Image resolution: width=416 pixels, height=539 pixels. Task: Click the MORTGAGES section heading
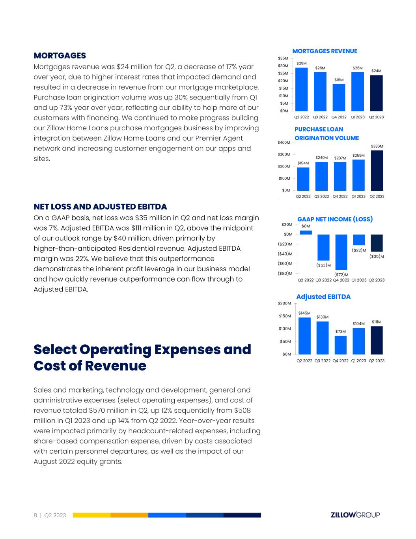(x=60, y=55)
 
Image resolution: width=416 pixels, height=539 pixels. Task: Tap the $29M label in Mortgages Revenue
(x=302, y=63)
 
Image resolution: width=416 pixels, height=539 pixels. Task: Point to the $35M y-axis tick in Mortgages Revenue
(x=283, y=58)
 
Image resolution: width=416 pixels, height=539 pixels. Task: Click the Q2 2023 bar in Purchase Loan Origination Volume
(x=377, y=170)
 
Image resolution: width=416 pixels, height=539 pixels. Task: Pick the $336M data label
(x=377, y=146)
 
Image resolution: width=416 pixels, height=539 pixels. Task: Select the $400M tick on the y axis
(x=284, y=142)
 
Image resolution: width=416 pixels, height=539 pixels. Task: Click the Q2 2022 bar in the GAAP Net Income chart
(x=306, y=233)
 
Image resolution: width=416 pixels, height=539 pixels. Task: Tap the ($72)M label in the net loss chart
(x=341, y=274)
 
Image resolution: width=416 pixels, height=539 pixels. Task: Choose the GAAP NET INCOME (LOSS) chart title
(x=335, y=219)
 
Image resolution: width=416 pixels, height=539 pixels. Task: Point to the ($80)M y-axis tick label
(x=285, y=273)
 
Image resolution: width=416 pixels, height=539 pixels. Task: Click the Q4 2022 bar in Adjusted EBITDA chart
(x=341, y=345)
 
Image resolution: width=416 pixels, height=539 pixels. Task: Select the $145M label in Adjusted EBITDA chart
(x=304, y=313)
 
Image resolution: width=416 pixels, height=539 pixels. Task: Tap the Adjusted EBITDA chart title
(x=323, y=297)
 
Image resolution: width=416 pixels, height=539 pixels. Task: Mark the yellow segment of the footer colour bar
(x=91, y=515)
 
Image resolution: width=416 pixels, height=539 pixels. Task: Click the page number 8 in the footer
(x=35, y=515)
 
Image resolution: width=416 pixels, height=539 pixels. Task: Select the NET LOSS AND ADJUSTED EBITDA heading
(x=100, y=207)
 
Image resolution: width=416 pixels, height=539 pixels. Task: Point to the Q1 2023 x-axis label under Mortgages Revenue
(x=358, y=117)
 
